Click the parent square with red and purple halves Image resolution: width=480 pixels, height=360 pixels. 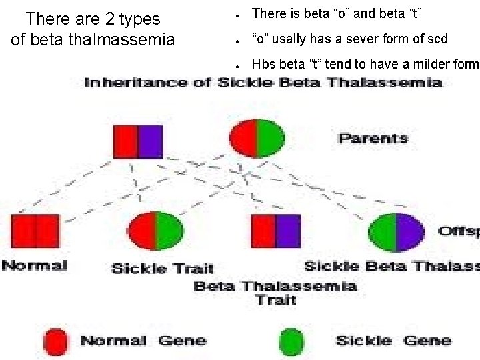(138, 141)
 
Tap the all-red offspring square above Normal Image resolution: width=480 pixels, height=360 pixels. (35, 231)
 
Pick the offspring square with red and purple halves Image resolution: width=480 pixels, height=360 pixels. (275, 231)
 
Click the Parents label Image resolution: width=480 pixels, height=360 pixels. (373, 139)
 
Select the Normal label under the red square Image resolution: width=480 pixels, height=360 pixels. (35, 265)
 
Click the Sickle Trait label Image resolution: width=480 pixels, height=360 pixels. (163, 268)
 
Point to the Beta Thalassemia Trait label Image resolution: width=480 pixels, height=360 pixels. (275, 293)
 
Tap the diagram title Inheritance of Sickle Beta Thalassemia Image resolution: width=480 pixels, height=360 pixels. (263, 83)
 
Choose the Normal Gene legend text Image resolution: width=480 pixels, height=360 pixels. (143, 341)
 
